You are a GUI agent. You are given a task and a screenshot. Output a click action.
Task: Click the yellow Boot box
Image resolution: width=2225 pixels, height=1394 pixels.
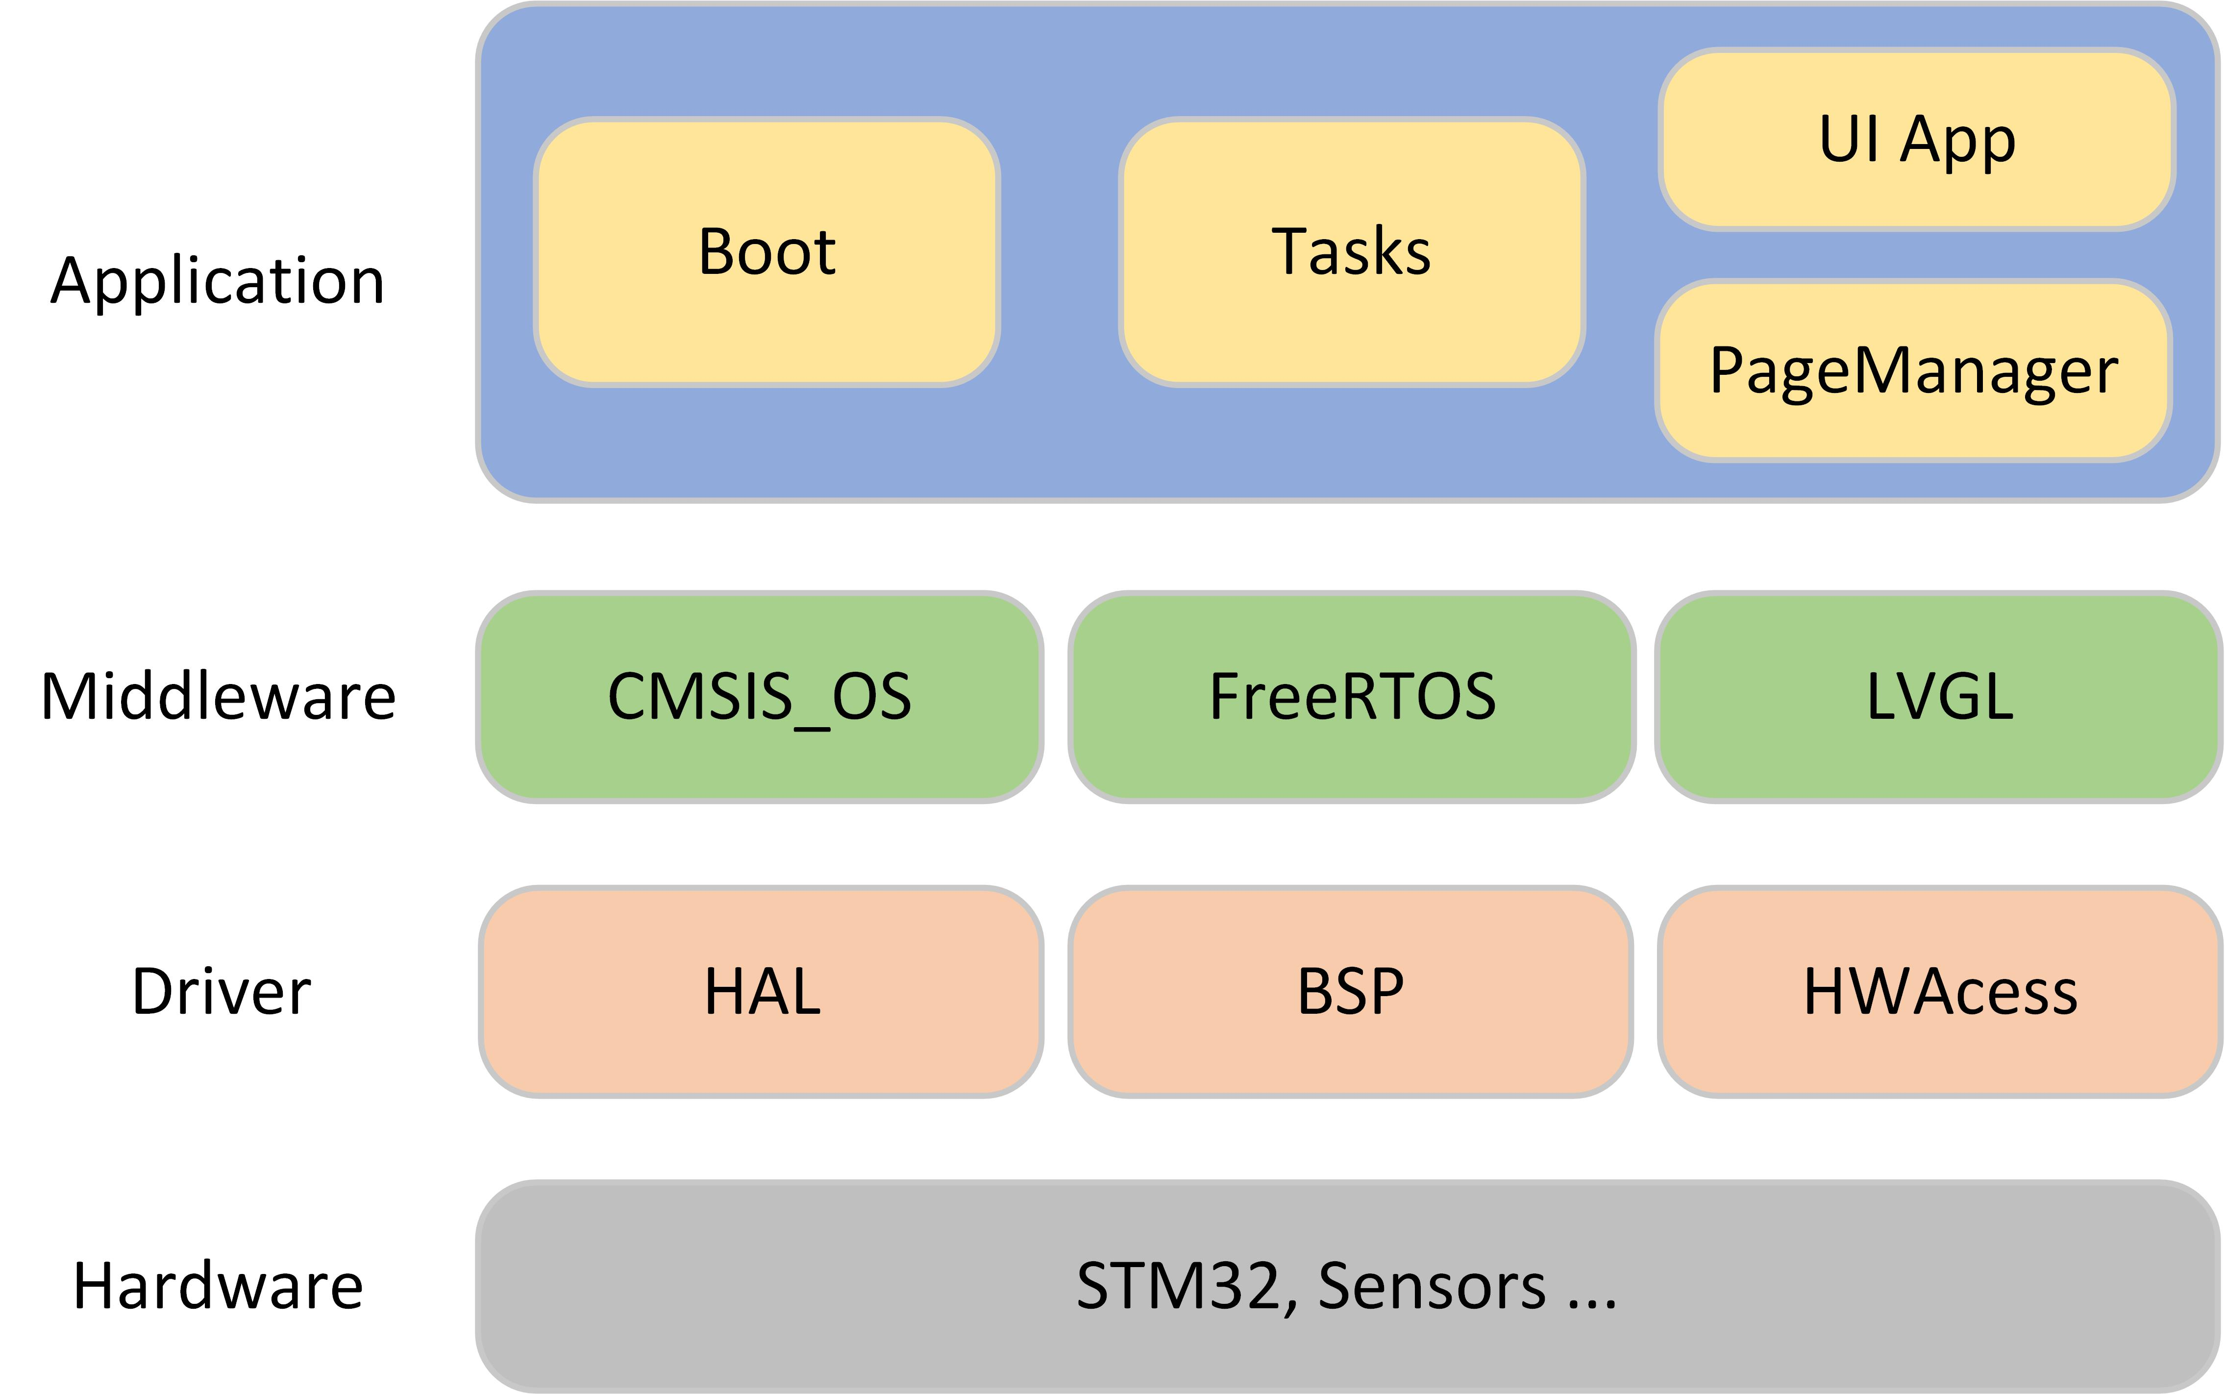click(x=766, y=252)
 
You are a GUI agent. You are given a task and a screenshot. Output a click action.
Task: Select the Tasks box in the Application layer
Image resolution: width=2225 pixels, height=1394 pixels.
click(x=1352, y=252)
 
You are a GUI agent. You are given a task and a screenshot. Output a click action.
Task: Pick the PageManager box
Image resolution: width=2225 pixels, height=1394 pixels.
click(x=1913, y=370)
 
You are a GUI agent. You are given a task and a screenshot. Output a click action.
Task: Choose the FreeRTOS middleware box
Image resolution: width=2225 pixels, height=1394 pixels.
click(x=1352, y=697)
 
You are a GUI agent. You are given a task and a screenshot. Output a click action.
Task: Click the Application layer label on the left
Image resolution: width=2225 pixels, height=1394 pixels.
click(x=218, y=281)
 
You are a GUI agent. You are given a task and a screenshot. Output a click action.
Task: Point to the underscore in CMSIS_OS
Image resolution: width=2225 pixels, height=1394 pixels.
click(x=812, y=728)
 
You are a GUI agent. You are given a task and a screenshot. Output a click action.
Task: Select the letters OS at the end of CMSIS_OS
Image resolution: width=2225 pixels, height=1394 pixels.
click(x=871, y=697)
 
